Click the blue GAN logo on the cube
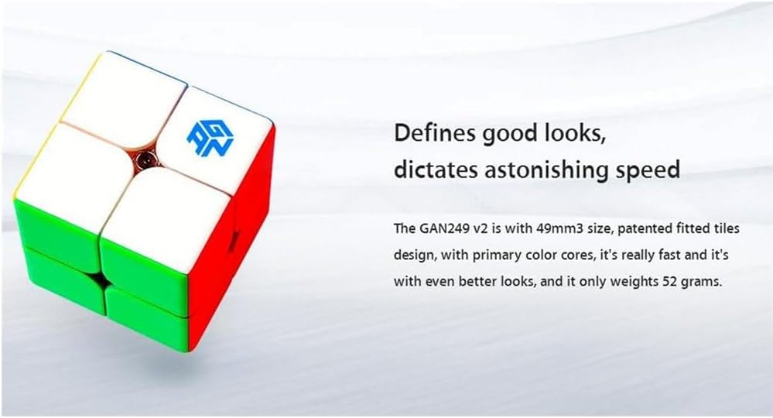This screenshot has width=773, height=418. coord(210,139)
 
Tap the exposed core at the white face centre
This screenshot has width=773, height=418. coord(145,160)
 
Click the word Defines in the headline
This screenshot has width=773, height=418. coord(436,134)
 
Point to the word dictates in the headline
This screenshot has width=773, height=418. coord(436,170)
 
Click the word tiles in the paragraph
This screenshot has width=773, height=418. coord(727,228)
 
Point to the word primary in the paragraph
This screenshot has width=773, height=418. coord(494,255)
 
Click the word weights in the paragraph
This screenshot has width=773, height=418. coord(634,283)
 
